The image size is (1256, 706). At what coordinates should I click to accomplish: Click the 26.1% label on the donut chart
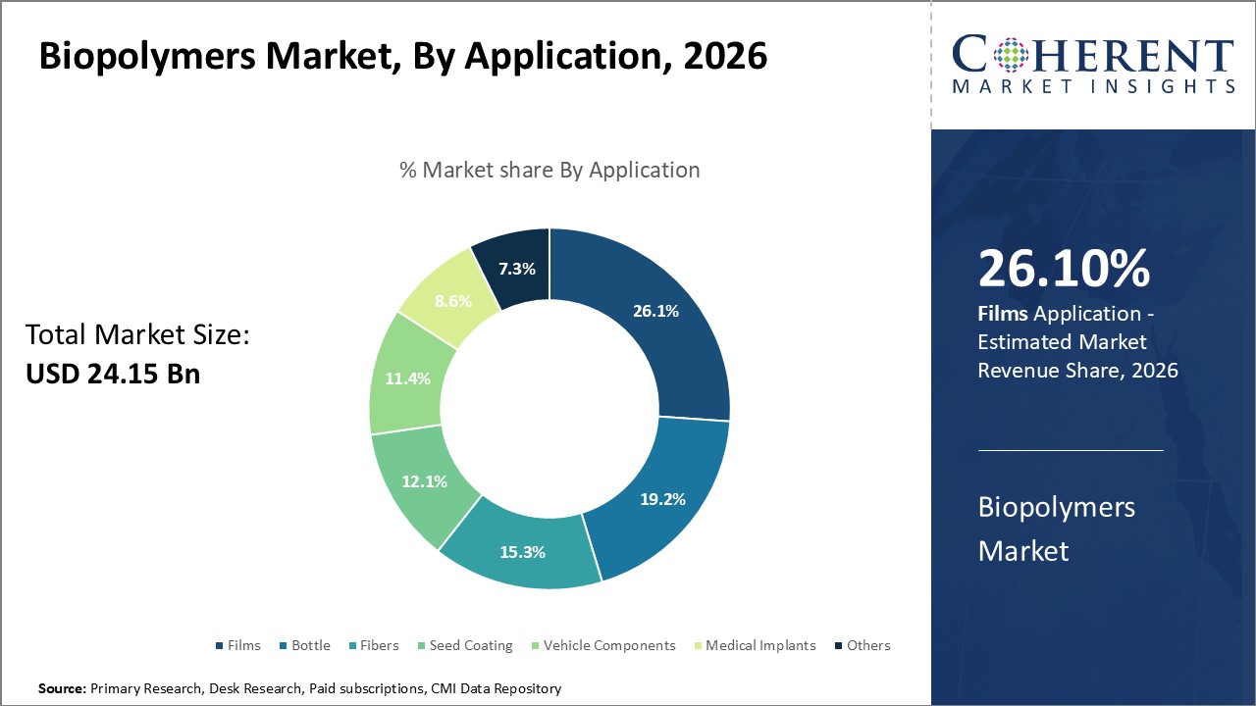pos(654,311)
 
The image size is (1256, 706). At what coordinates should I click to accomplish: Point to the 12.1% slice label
pos(424,481)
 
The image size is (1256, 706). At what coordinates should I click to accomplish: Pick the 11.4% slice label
pos(407,378)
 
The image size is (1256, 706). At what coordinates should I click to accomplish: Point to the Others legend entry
pos(862,645)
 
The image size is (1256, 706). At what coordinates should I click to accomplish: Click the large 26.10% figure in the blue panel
pos(1064,270)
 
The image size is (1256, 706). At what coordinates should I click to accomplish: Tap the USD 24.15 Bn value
pos(112,374)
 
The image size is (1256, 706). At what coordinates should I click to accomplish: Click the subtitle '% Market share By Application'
pos(549,170)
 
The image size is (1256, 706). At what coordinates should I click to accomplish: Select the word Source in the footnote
pos(62,689)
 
